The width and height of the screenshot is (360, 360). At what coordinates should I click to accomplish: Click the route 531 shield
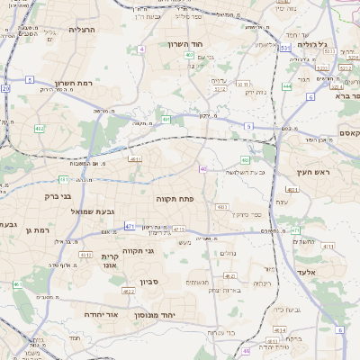point(285,48)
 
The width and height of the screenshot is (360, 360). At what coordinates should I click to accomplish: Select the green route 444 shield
point(286,86)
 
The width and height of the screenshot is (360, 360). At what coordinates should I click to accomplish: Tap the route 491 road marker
point(166,119)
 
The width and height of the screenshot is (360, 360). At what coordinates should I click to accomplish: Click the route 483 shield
point(221,207)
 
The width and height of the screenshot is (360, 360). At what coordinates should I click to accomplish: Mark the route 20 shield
point(5,88)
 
